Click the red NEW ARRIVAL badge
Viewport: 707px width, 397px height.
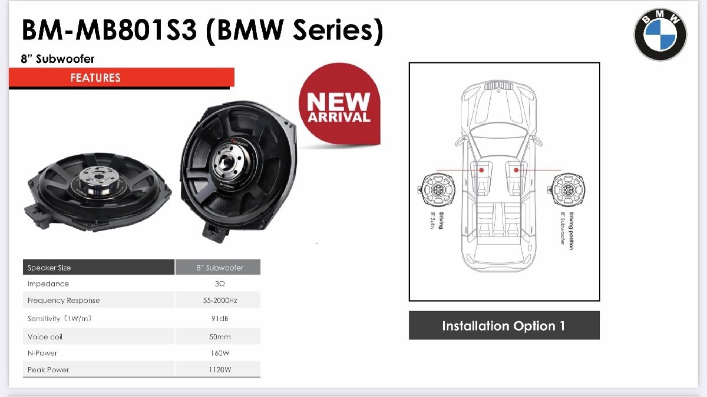(339, 109)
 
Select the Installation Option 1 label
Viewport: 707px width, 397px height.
(504, 326)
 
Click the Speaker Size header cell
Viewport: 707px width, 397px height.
(49, 268)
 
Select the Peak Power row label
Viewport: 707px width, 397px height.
(48, 370)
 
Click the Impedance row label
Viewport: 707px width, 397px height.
(48, 284)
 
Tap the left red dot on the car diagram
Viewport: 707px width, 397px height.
(481, 170)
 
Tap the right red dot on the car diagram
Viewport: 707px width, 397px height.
(516, 170)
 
